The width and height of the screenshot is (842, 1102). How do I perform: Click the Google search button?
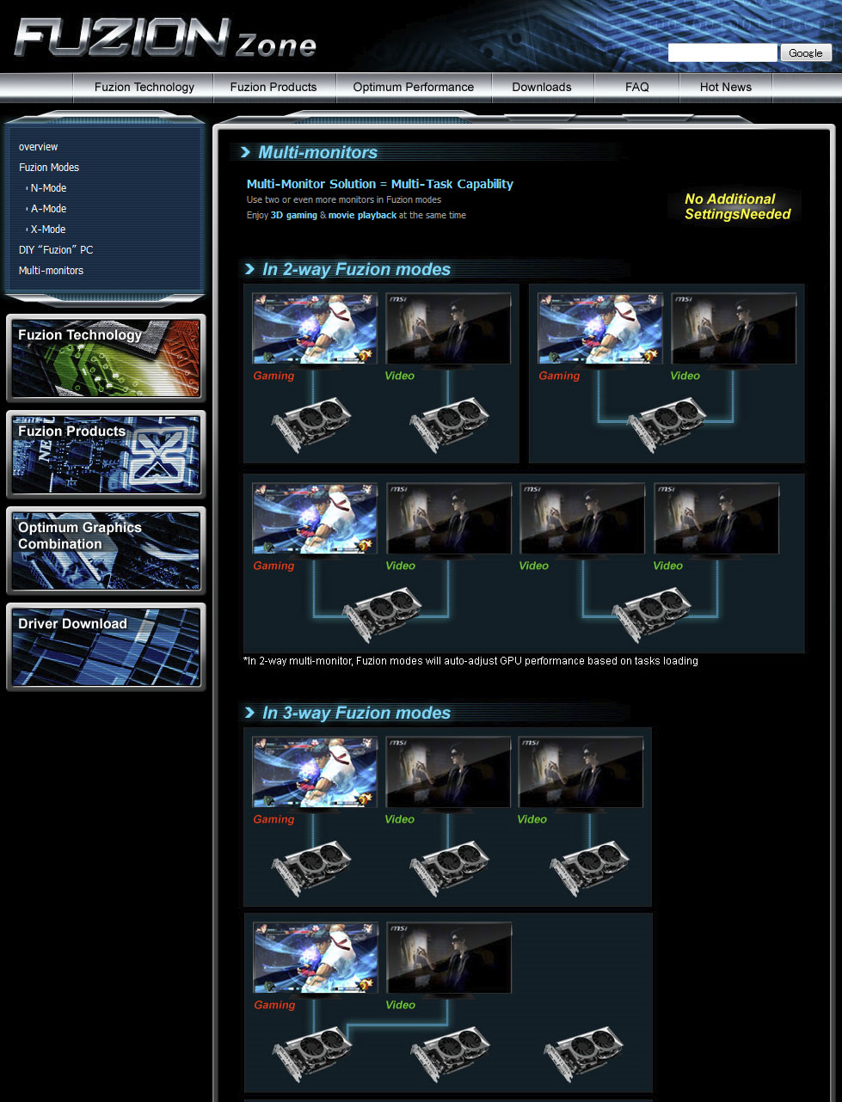pyautogui.click(x=805, y=52)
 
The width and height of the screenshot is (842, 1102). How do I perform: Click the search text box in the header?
pyautogui.click(x=722, y=52)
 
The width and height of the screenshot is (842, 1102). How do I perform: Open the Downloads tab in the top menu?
pyautogui.click(x=542, y=88)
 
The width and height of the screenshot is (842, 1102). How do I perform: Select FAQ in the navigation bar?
pyautogui.click(x=636, y=88)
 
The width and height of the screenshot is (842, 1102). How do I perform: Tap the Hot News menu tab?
pyautogui.click(x=726, y=88)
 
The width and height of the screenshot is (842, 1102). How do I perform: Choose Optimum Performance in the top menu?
pyautogui.click(x=413, y=88)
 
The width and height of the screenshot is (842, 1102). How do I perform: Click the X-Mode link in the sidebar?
pyautogui.click(x=48, y=230)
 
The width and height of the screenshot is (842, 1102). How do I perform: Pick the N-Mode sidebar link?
pyautogui.click(x=48, y=188)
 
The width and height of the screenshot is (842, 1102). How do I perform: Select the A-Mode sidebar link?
pyautogui.click(x=48, y=209)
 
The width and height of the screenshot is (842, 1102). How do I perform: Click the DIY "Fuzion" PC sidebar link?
pyautogui.click(x=56, y=250)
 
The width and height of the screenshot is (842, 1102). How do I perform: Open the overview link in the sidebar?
pyautogui.click(x=38, y=147)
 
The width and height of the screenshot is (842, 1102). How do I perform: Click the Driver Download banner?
pyautogui.click(x=106, y=647)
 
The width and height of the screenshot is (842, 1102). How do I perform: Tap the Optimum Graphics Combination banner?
pyautogui.click(x=106, y=551)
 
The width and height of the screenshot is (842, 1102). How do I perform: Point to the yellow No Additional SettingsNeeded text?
pyautogui.click(x=737, y=207)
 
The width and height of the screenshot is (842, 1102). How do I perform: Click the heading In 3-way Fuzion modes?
pyautogui.click(x=356, y=713)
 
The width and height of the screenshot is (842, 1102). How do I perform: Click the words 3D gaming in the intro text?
pyautogui.click(x=294, y=216)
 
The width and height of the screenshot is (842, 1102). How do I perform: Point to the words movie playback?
pyautogui.click(x=362, y=216)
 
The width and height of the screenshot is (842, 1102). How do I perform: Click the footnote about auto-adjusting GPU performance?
pyautogui.click(x=470, y=661)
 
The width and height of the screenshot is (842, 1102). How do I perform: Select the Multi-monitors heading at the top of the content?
pyautogui.click(x=317, y=153)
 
